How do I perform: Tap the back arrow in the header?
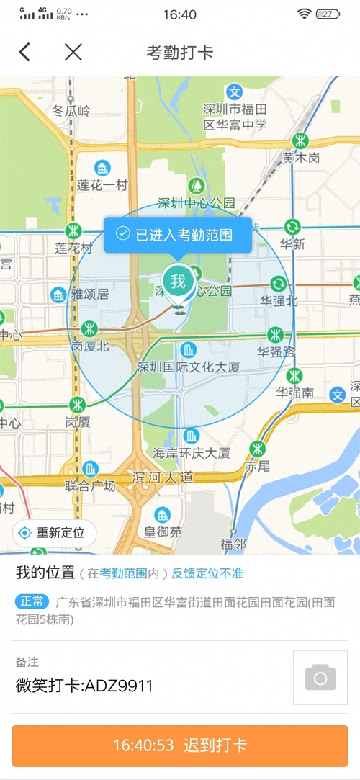pyautogui.click(x=25, y=52)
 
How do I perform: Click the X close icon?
pyautogui.click(x=73, y=52)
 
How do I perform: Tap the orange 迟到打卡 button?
pyautogui.click(x=180, y=745)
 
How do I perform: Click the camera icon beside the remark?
pyautogui.click(x=320, y=678)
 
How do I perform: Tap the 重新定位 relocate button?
pyautogui.click(x=54, y=533)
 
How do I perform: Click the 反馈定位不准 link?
pyautogui.click(x=207, y=574)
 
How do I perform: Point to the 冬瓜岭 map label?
pyautogui.click(x=71, y=111)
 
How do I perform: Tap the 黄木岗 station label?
pyautogui.click(x=300, y=158)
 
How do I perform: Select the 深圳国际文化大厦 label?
pyautogui.click(x=188, y=367)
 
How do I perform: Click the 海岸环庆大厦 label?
pyautogui.click(x=192, y=452)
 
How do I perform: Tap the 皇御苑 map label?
pyautogui.click(x=162, y=532)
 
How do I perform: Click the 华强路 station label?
pyautogui.click(x=276, y=352)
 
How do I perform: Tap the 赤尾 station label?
pyautogui.click(x=257, y=465)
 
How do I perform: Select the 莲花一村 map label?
pyautogui.click(x=102, y=185)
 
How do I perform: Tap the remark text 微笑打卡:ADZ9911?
pyautogui.click(x=84, y=686)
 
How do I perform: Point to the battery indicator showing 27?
pyautogui.click(x=328, y=14)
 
